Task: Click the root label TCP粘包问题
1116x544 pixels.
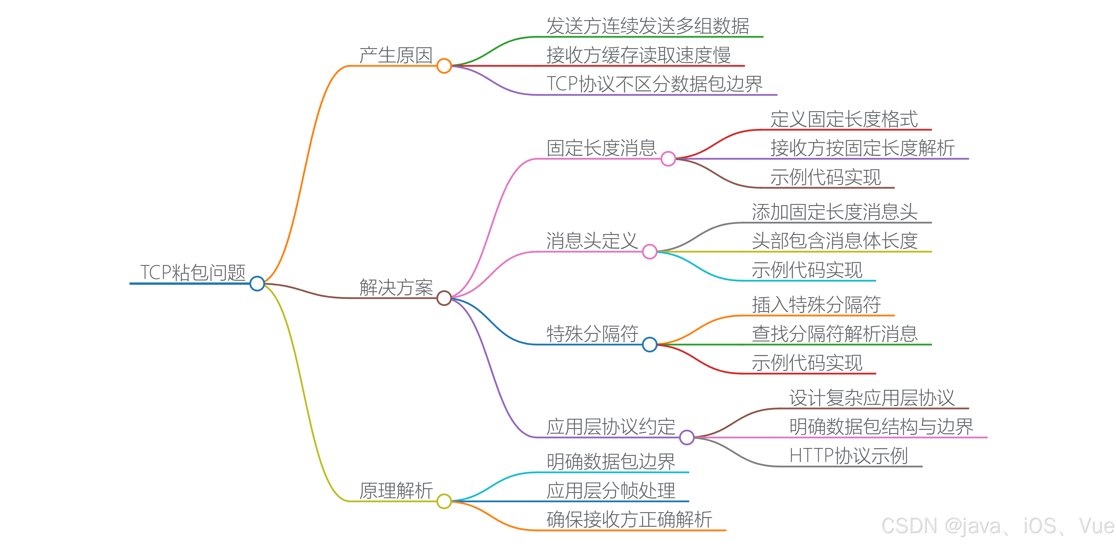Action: click(193, 272)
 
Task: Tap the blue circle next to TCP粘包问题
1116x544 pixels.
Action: click(257, 284)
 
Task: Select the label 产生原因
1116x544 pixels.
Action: click(396, 55)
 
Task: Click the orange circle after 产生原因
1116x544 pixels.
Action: click(444, 66)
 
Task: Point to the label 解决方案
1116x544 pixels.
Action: click(396, 287)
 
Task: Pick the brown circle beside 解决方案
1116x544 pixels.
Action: click(444, 298)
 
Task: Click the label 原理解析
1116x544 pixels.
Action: click(396, 491)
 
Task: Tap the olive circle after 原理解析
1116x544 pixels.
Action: click(444, 501)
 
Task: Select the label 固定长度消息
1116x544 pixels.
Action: click(602, 148)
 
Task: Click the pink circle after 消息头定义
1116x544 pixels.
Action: click(649, 251)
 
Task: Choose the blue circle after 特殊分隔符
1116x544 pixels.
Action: click(649, 344)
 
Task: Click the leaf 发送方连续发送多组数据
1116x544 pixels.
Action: click(648, 26)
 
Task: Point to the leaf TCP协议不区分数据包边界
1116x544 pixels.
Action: click(654, 84)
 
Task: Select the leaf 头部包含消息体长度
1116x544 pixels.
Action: click(835, 241)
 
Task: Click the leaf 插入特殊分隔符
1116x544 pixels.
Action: click(816, 305)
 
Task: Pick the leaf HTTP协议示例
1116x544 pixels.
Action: click(848, 456)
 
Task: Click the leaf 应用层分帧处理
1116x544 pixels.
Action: click(611, 491)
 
